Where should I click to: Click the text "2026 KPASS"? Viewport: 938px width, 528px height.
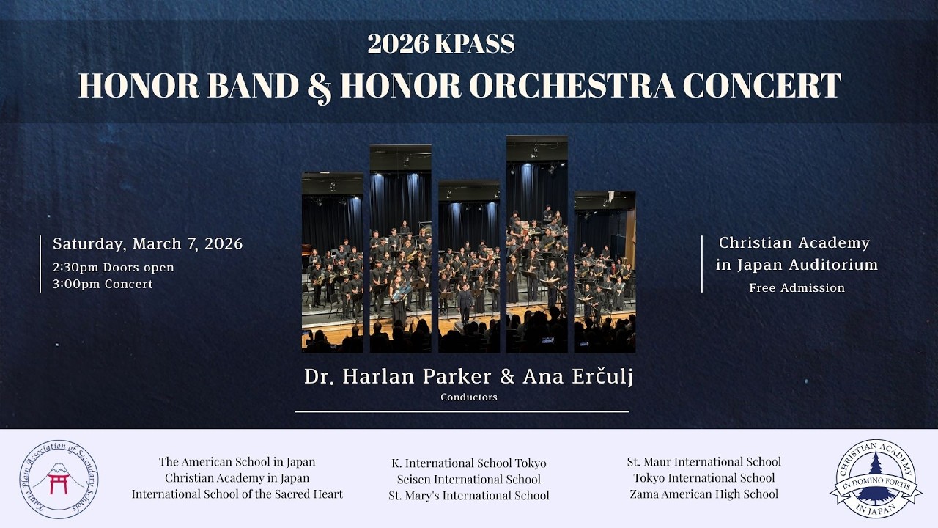(441, 45)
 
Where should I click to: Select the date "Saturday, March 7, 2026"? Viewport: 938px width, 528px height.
(147, 243)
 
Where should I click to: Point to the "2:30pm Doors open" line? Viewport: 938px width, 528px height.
(114, 267)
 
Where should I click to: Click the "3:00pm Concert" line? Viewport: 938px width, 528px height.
(103, 285)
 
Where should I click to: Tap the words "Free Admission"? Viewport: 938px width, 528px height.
(797, 288)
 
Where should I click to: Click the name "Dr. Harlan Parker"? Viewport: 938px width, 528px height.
(398, 376)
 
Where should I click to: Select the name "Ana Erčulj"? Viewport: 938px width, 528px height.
(577, 376)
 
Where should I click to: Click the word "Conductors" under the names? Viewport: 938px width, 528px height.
(469, 397)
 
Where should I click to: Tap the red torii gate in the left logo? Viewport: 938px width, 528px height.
(58, 483)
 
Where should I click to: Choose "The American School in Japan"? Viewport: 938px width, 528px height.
(237, 462)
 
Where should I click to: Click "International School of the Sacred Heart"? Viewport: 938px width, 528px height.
(237, 494)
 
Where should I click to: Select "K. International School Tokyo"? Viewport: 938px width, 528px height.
(469, 463)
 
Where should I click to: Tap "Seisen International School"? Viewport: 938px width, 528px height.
(469, 480)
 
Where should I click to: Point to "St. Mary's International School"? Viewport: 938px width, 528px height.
(469, 496)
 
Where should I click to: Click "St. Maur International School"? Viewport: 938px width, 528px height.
(703, 462)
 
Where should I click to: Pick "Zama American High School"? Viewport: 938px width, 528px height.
(703, 494)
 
